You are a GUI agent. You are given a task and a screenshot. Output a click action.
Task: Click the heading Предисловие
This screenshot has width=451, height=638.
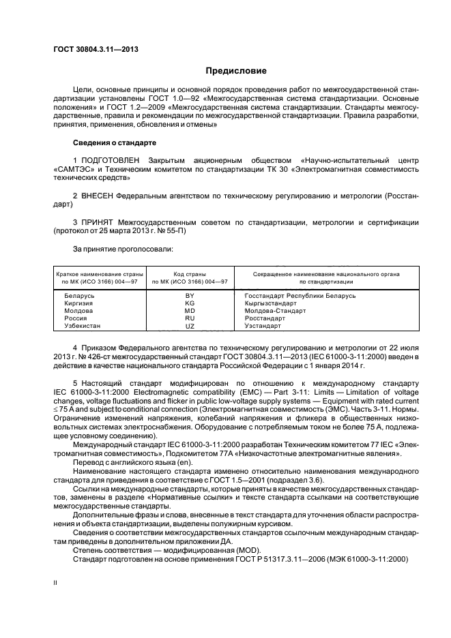tap(237, 71)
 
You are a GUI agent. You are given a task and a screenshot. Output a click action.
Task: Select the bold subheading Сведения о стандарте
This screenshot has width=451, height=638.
tap(114, 143)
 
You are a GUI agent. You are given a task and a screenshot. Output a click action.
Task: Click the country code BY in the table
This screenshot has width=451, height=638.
tap(190, 295)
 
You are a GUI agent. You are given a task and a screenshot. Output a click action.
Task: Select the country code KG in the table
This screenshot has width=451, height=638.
tap(190, 303)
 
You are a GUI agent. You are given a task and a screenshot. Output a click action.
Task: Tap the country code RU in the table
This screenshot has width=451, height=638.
tap(190, 318)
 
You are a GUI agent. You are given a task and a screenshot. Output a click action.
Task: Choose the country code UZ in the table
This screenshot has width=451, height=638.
tap(190, 326)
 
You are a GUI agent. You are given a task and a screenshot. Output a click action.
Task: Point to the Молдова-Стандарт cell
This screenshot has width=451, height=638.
tap(275, 310)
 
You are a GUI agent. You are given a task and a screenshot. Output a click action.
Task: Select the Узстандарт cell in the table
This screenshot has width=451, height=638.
tap(265, 326)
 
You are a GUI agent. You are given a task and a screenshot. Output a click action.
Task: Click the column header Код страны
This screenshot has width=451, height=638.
tap(190, 273)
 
